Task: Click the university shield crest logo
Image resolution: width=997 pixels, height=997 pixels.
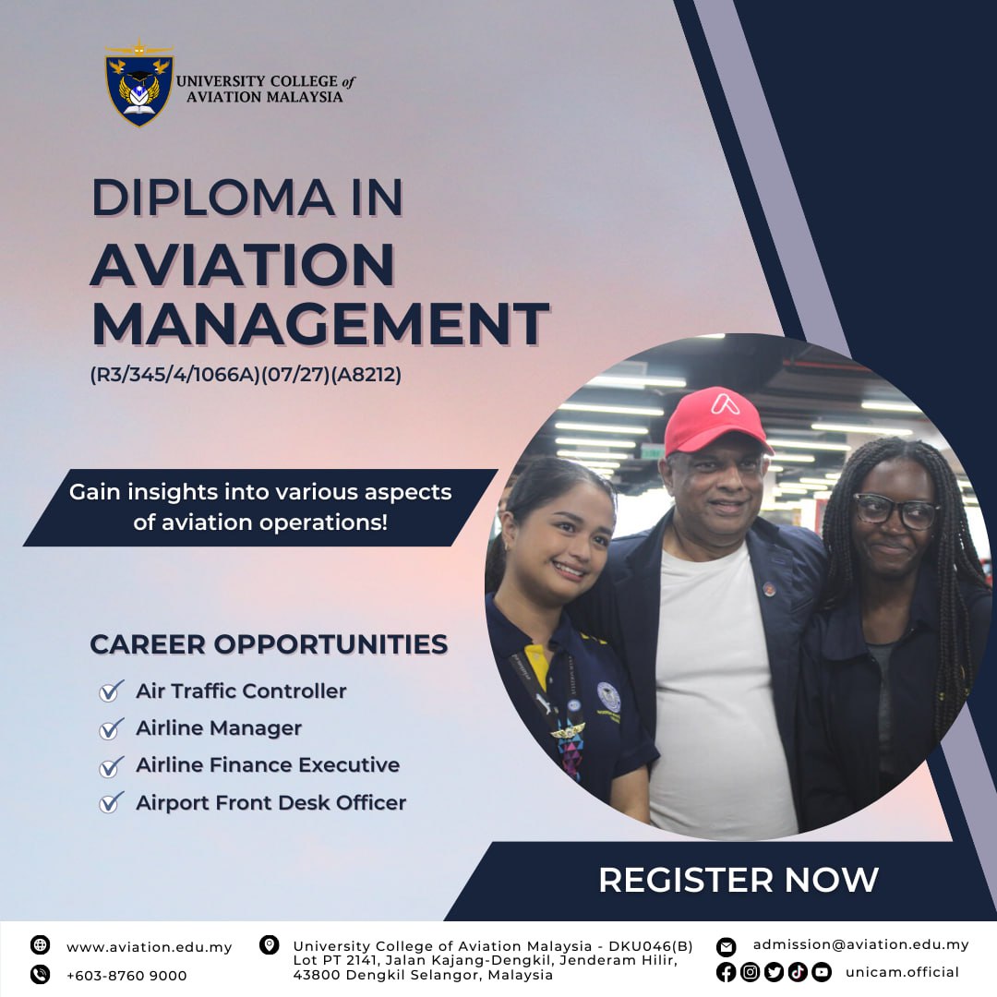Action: tap(139, 84)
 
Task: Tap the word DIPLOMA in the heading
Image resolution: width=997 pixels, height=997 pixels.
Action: tap(213, 198)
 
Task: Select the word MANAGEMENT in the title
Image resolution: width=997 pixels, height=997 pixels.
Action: tap(319, 324)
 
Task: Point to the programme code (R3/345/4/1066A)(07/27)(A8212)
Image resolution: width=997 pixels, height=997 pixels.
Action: tap(246, 375)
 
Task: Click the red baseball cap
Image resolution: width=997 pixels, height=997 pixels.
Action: tap(716, 420)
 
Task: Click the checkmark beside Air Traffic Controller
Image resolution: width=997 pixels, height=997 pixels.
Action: tap(112, 690)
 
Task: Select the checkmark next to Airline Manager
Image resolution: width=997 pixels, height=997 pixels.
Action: tap(112, 728)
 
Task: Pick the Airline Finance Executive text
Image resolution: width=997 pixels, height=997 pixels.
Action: tap(268, 764)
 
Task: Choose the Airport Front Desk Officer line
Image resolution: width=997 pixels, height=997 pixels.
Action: tap(270, 802)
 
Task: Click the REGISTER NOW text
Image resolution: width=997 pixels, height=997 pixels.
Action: tap(739, 880)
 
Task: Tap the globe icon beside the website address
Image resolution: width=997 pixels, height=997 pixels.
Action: tap(40, 945)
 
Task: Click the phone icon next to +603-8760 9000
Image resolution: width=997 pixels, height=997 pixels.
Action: tap(40, 974)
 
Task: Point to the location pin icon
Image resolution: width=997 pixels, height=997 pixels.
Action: tap(269, 945)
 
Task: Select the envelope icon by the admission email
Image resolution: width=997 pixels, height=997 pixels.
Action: tap(726, 947)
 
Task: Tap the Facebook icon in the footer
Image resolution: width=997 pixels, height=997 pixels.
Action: tap(726, 971)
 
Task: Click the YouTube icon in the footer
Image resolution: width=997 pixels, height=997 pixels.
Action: tap(822, 971)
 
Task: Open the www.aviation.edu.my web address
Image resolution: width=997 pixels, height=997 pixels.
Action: tap(150, 947)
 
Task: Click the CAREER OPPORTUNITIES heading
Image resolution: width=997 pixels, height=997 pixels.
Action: tap(269, 644)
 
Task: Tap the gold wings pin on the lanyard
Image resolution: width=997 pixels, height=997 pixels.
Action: tap(568, 731)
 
